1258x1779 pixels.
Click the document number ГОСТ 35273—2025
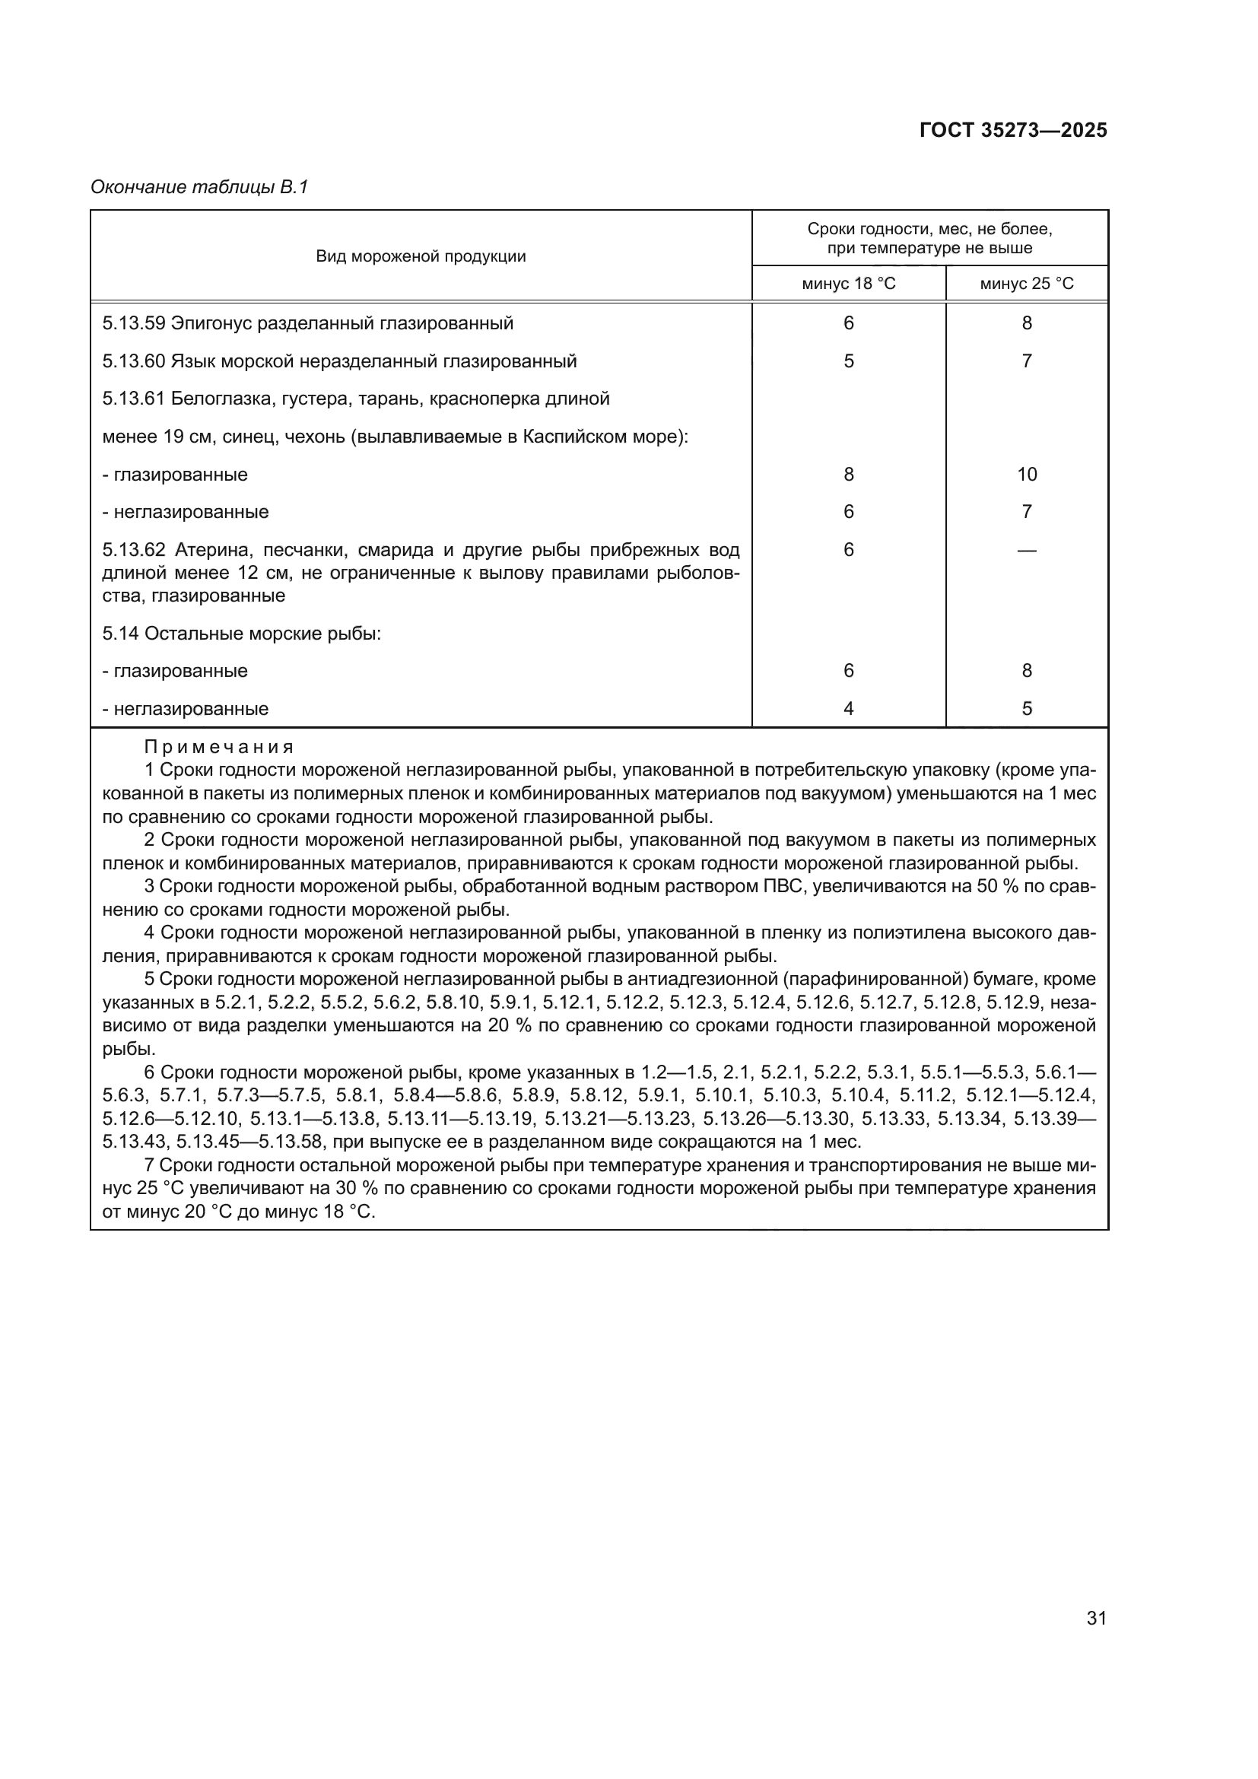tap(1012, 130)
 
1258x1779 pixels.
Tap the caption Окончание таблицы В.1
tap(199, 187)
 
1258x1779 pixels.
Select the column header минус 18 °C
tap(848, 284)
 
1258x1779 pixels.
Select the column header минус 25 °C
tap(1026, 284)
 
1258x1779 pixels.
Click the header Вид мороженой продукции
tap(421, 256)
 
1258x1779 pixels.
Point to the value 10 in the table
tap(1026, 474)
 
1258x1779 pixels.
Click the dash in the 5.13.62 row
tap(1026, 550)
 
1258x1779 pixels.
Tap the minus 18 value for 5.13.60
tap(848, 361)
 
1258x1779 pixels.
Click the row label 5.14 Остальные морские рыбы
tap(242, 633)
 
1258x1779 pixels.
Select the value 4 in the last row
tap(848, 708)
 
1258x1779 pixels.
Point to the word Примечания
tap(219, 747)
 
